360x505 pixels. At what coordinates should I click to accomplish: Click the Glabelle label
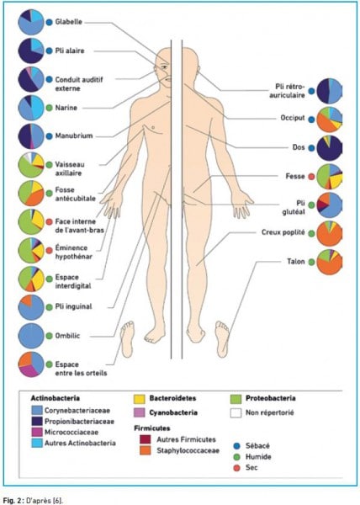pos(68,22)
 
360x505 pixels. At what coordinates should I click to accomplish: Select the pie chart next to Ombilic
pos(31,336)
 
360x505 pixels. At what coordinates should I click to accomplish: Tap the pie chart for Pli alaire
pos(31,50)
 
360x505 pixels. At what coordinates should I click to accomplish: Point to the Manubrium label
pos(74,136)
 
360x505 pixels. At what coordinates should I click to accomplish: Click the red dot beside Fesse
pos(311,177)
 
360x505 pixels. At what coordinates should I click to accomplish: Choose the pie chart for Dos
pos(330,148)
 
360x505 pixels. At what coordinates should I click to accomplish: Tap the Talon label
pos(296,261)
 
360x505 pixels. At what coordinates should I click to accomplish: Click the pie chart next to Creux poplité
pos(330,233)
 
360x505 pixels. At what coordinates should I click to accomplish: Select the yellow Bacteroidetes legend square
pos(139,399)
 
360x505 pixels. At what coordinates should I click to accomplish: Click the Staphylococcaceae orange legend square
pos(146,450)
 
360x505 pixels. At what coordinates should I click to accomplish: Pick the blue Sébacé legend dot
pos(237,446)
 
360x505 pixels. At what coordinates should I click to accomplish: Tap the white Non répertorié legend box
pos(236,413)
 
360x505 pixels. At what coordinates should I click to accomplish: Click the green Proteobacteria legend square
pos(236,399)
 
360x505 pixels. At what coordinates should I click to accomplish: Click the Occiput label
pos(293,118)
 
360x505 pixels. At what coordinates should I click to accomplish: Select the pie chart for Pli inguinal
pos(31,307)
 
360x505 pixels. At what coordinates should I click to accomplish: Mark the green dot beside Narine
pos(49,108)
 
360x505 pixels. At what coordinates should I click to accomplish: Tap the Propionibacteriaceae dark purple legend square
pos(37,422)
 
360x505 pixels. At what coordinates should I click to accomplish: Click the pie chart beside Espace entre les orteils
pos(31,364)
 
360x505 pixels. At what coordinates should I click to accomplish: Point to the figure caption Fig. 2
pos(34,500)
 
